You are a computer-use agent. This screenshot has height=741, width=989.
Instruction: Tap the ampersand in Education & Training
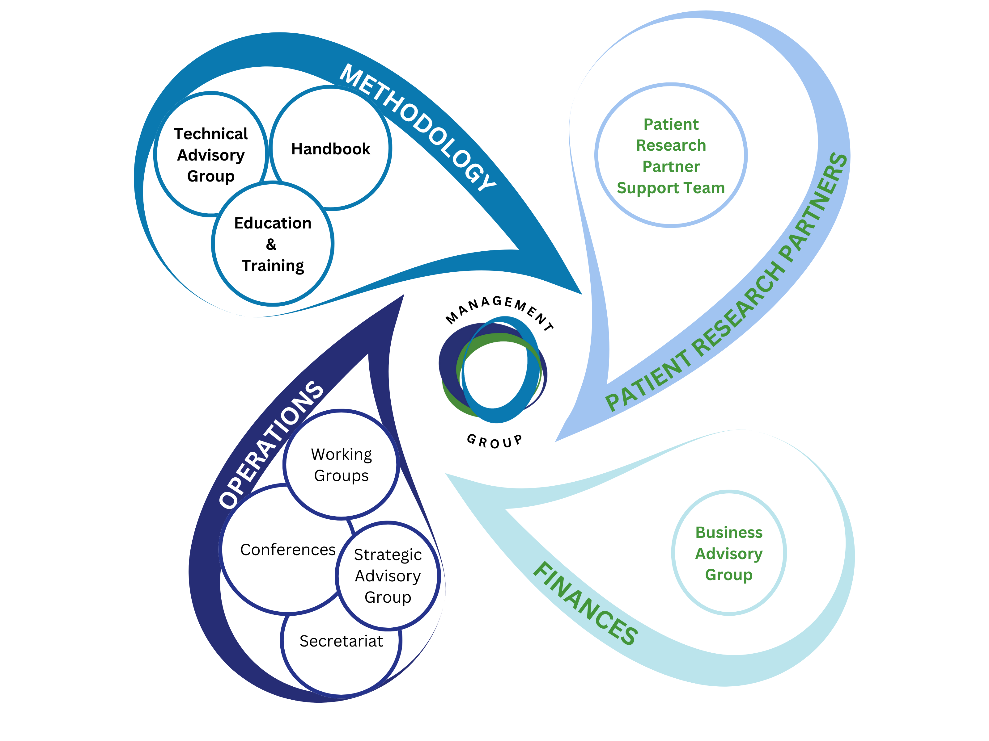[271, 244]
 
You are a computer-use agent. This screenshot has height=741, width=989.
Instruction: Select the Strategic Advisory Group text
[388, 576]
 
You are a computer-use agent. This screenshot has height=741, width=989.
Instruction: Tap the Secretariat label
[341, 641]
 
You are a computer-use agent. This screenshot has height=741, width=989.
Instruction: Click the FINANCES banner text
[586, 604]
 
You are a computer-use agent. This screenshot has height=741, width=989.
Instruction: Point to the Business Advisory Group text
[729, 553]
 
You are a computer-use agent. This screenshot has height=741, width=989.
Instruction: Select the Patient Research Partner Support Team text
[671, 156]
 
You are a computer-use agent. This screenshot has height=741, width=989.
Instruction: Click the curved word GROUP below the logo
[494, 441]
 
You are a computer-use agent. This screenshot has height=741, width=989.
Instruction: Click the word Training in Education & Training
[273, 266]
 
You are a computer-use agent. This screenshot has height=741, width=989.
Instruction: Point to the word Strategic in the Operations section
[388, 555]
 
